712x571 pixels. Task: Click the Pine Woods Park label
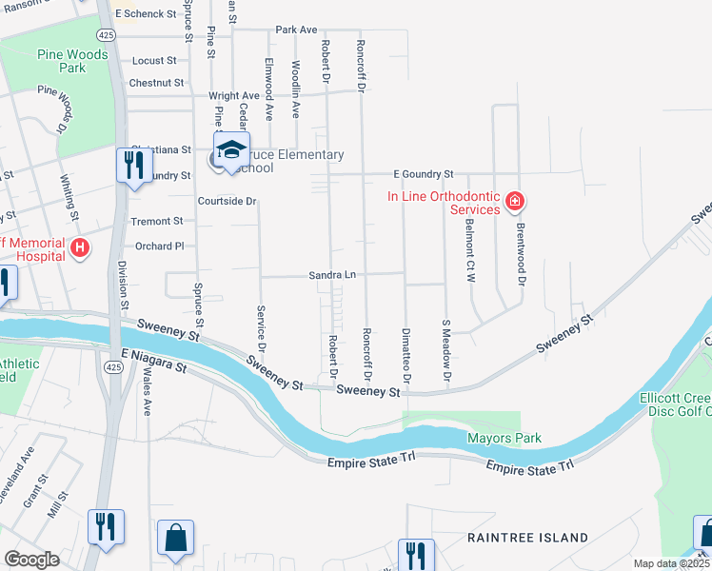[x=73, y=61]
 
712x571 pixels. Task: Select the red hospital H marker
[x=81, y=249]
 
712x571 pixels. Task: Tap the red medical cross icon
[x=515, y=201]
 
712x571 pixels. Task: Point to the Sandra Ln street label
[x=331, y=275]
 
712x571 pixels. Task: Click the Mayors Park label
[x=504, y=438]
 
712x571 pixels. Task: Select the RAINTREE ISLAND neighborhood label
[x=527, y=538]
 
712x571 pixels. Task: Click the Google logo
[x=31, y=559]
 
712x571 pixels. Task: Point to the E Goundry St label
[x=424, y=175]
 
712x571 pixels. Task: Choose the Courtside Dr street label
[x=227, y=201]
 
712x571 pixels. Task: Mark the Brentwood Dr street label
[x=521, y=254]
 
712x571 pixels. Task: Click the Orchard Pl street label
[x=159, y=246]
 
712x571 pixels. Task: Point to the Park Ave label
[x=296, y=30]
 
